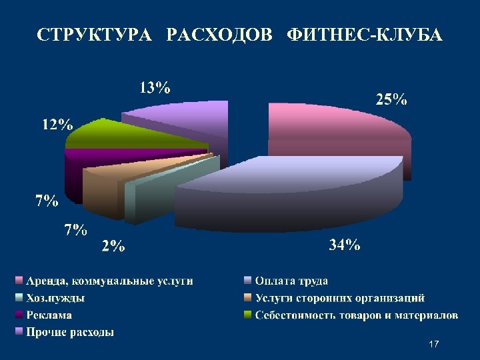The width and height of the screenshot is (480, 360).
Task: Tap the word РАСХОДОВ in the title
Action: pyautogui.click(x=220, y=35)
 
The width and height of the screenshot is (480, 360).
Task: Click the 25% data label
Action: pyautogui.click(x=391, y=101)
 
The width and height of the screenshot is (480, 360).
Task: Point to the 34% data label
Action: pyautogui.click(x=345, y=245)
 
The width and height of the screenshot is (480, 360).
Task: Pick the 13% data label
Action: pyautogui.click(x=155, y=87)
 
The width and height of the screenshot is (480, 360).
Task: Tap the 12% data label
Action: pyautogui.click(x=57, y=125)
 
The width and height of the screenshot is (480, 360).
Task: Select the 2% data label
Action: pyautogui.click(x=113, y=247)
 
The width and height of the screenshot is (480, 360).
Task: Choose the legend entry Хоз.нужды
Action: pyautogui.click(x=55, y=298)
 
